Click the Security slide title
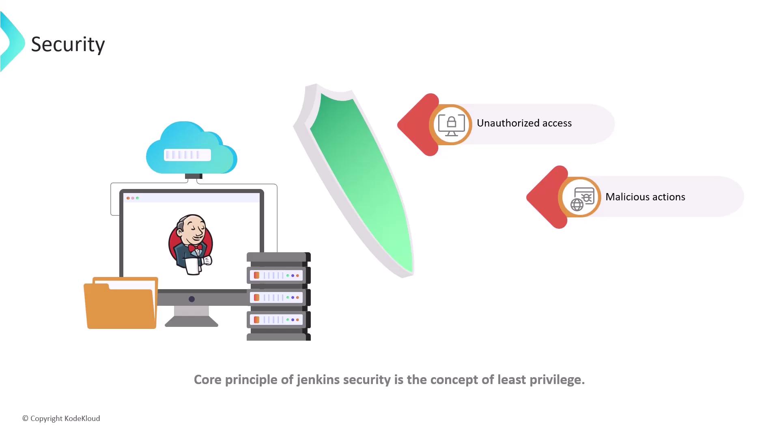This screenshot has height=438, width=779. click(x=68, y=44)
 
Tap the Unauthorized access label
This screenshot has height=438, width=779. click(x=524, y=123)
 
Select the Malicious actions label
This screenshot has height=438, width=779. click(x=645, y=197)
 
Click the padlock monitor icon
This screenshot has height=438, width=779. click(x=451, y=125)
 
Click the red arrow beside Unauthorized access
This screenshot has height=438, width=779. click(x=418, y=125)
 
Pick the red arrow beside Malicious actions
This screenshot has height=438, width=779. click(x=547, y=197)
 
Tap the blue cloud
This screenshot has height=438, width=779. click(x=192, y=148)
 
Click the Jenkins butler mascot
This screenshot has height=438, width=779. click(x=191, y=245)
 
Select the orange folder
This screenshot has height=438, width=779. click(x=121, y=303)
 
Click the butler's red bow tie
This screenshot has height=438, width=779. click(x=195, y=247)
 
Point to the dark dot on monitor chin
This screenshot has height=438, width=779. click(x=192, y=299)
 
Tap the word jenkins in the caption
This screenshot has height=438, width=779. click(x=318, y=380)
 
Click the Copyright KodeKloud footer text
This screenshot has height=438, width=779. click(x=61, y=419)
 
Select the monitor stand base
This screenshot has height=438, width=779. click(x=192, y=321)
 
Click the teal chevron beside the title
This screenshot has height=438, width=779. click(x=13, y=42)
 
